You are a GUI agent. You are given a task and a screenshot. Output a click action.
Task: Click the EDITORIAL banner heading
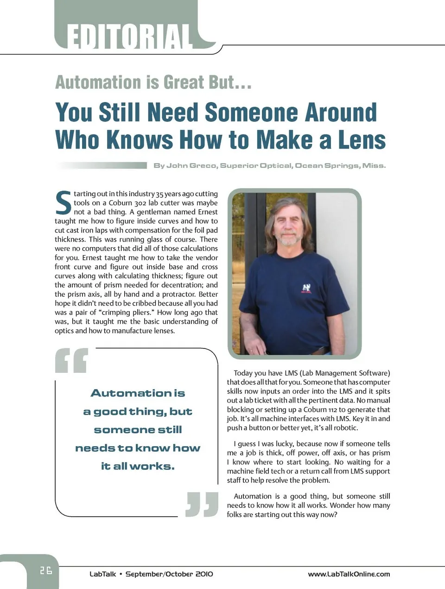click(x=129, y=36)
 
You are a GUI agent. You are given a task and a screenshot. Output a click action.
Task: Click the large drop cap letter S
click(x=63, y=203)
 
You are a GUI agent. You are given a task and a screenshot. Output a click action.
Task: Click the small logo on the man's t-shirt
click(x=306, y=288)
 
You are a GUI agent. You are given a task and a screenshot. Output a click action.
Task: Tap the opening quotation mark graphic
click(x=71, y=360)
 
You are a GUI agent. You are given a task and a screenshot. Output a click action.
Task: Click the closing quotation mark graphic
click(x=202, y=504)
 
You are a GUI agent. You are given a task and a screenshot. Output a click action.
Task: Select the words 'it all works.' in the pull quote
click(x=138, y=466)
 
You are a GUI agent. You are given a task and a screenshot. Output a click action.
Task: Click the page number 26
click(x=45, y=570)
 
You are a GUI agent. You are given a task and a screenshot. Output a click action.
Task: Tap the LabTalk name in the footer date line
click(x=102, y=574)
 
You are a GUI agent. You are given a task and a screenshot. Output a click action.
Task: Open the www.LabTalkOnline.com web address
click(x=349, y=574)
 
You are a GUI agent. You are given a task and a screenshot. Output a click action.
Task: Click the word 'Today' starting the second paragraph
click(x=243, y=373)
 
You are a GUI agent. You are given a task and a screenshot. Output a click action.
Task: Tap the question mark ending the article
click(x=335, y=514)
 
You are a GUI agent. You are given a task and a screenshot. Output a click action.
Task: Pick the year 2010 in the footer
click(x=204, y=574)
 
